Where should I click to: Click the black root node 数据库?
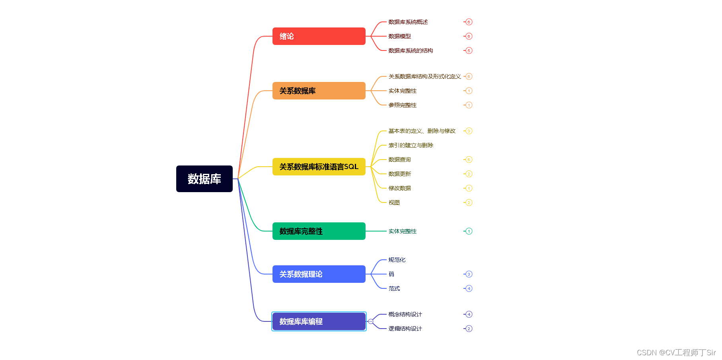pyautogui.click(x=204, y=179)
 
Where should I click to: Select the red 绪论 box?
pyautogui.click(x=319, y=36)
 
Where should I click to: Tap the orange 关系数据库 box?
pyautogui.click(x=319, y=91)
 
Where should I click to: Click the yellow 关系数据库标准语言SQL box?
pyautogui.click(x=319, y=167)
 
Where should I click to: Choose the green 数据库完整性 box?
pyautogui.click(x=319, y=231)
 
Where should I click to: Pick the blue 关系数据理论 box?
pyautogui.click(x=319, y=274)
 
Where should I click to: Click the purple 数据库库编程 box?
pyautogui.click(x=319, y=321)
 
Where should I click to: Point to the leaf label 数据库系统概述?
pyautogui.click(x=408, y=22)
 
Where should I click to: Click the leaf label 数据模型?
pyautogui.click(x=399, y=36)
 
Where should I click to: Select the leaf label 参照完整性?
pyautogui.click(x=402, y=105)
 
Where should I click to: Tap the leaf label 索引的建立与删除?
pyautogui.click(x=411, y=145)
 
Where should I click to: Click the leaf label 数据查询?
pyautogui.click(x=399, y=160)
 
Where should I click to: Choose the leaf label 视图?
pyautogui.click(x=394, y=202)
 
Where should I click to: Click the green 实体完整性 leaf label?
pyautogui.click(x=402, y=231)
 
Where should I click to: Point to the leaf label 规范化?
pyautogui.click(x=397, y=260)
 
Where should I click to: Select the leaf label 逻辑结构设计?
pyautogui.click(x=405, y=329)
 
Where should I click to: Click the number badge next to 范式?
pyautogui.click(x=469, y=288)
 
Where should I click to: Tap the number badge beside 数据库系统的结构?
pyautogui.click(x=469, y=51)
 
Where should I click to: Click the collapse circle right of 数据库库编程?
pyautogui.click(x=371, y=321)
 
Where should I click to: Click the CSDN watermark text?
pyautogui.click(x=676, y=352)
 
